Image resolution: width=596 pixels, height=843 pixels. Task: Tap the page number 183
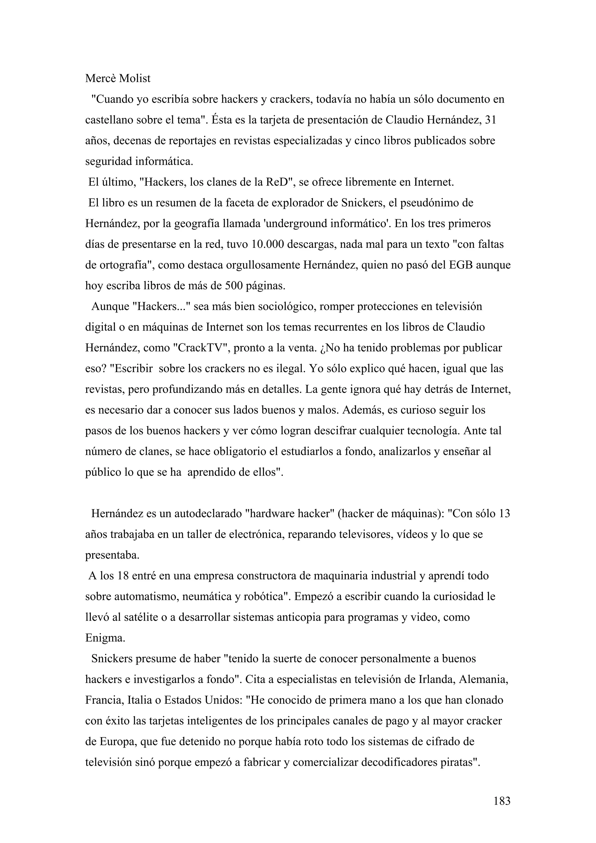point(502,801)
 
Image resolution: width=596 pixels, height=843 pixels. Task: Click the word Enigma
point(105,638)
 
